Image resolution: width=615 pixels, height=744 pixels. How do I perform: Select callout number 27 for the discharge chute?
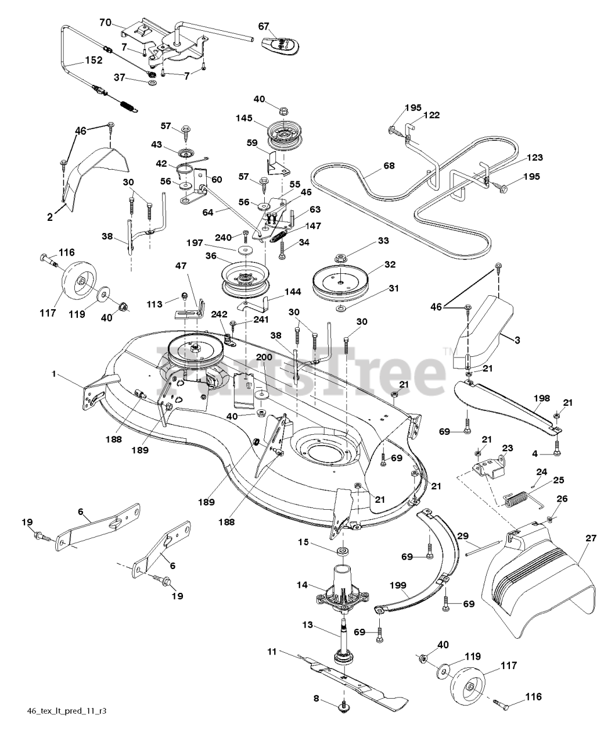(591, 538)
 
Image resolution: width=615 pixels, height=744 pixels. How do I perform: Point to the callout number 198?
(541, 398)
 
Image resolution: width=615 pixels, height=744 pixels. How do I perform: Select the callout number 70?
(105, 23)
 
